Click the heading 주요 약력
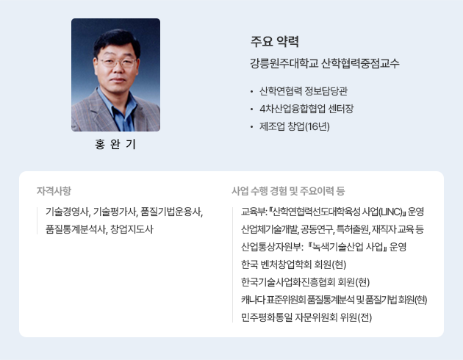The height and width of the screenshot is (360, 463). pyautogui.click(x=275, y=41)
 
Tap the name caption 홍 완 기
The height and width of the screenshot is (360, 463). pyautogui.click(x=115, y=144)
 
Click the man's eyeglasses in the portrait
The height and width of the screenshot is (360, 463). pyautogui.click(x=118, y=62)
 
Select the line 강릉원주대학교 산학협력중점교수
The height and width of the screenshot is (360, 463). pyautogui.click(x=325, y=63)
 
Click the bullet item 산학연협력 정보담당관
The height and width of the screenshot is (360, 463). pyautogui.click(x=304, y=91)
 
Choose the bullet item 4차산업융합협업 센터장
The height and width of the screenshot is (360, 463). pyautogui.click(x=306, y=109)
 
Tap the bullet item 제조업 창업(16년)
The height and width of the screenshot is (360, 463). pyautogui.click(x=295, y=126)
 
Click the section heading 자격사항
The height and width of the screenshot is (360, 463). pyautogui.click(x=54, y=190)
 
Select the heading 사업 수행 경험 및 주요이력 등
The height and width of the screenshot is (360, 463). pyautogui.click(x=288, y=191)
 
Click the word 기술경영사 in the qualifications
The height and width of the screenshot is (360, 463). pyautogui.click(x=67, y=212)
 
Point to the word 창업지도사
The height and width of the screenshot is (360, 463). pyautogui.click(x=132, y=229)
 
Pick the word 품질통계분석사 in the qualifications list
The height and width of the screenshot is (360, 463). pyautogui.click(x=76, y=229)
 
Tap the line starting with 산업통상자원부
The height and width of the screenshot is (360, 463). pyautogui.click(x=323, y=247)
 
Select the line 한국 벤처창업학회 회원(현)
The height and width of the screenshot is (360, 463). pyautogui.click(x=293, y=264)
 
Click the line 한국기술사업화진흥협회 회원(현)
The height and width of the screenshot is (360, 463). pyautogui.click(x=305, y=282)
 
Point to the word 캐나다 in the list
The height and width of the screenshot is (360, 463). pyautogui.click(x=253, y=300)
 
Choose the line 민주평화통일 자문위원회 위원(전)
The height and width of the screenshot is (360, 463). pyautogui.click(x=306, y=317)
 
